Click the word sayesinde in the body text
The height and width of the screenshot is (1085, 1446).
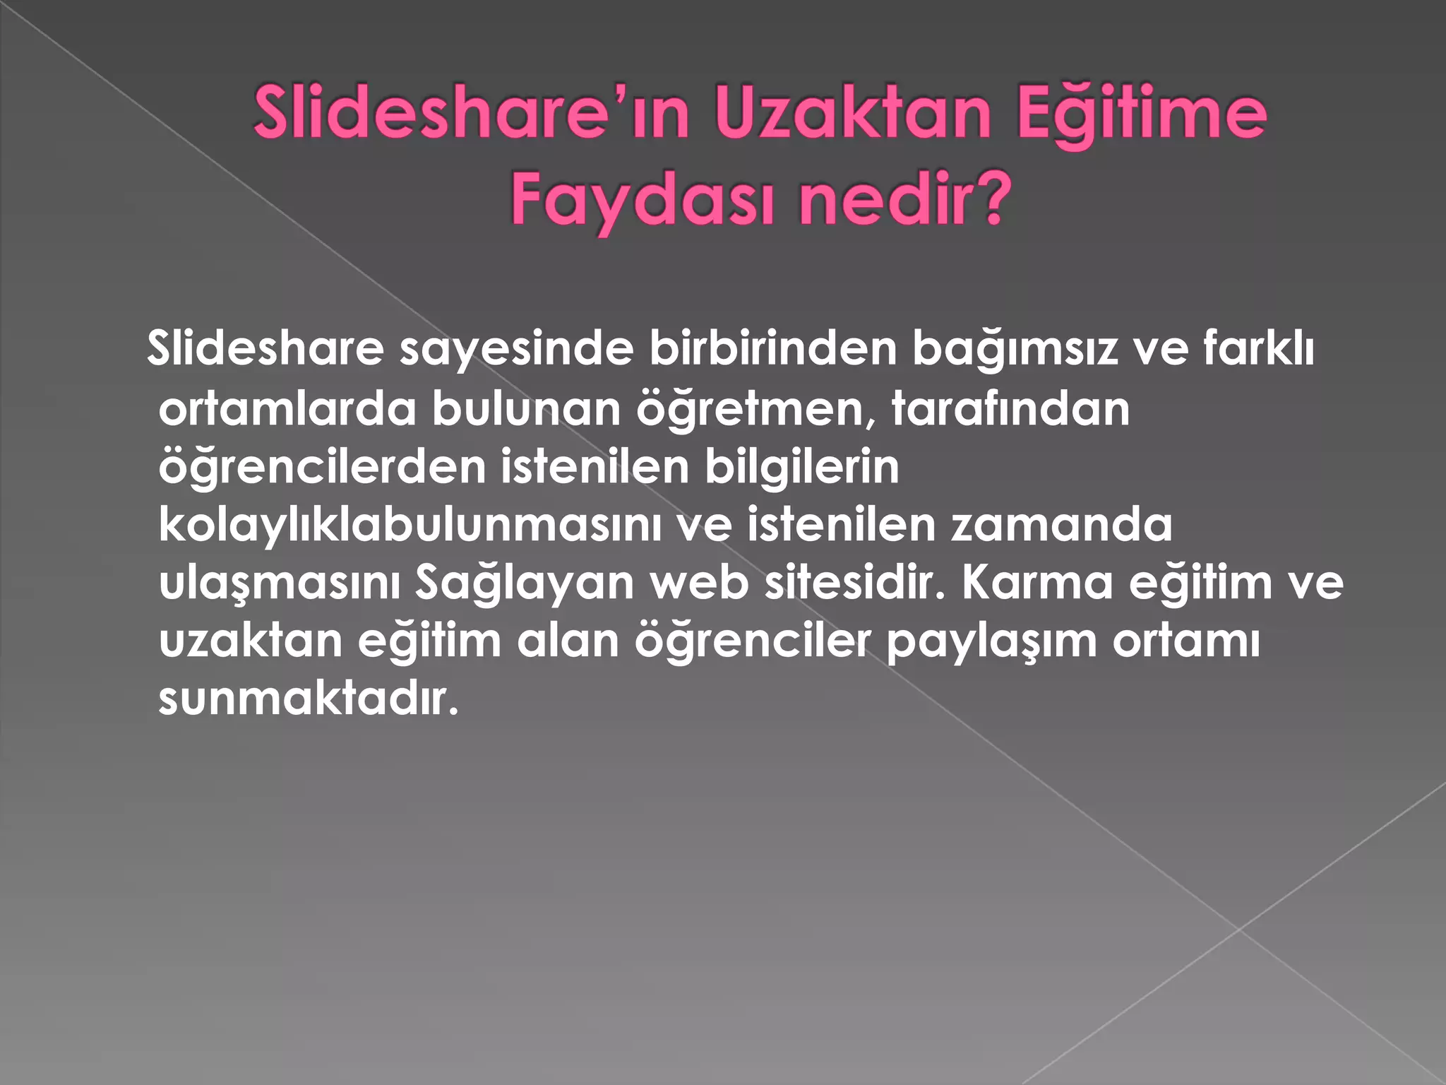(516, 349)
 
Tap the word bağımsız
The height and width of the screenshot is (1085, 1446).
(1015, 350)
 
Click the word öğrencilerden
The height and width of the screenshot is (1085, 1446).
(322, 468)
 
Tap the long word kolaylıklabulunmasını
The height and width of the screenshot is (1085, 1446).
(410, 526)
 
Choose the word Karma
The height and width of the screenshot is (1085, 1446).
(1036, 583)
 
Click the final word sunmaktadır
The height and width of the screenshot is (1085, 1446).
(309, 699)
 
